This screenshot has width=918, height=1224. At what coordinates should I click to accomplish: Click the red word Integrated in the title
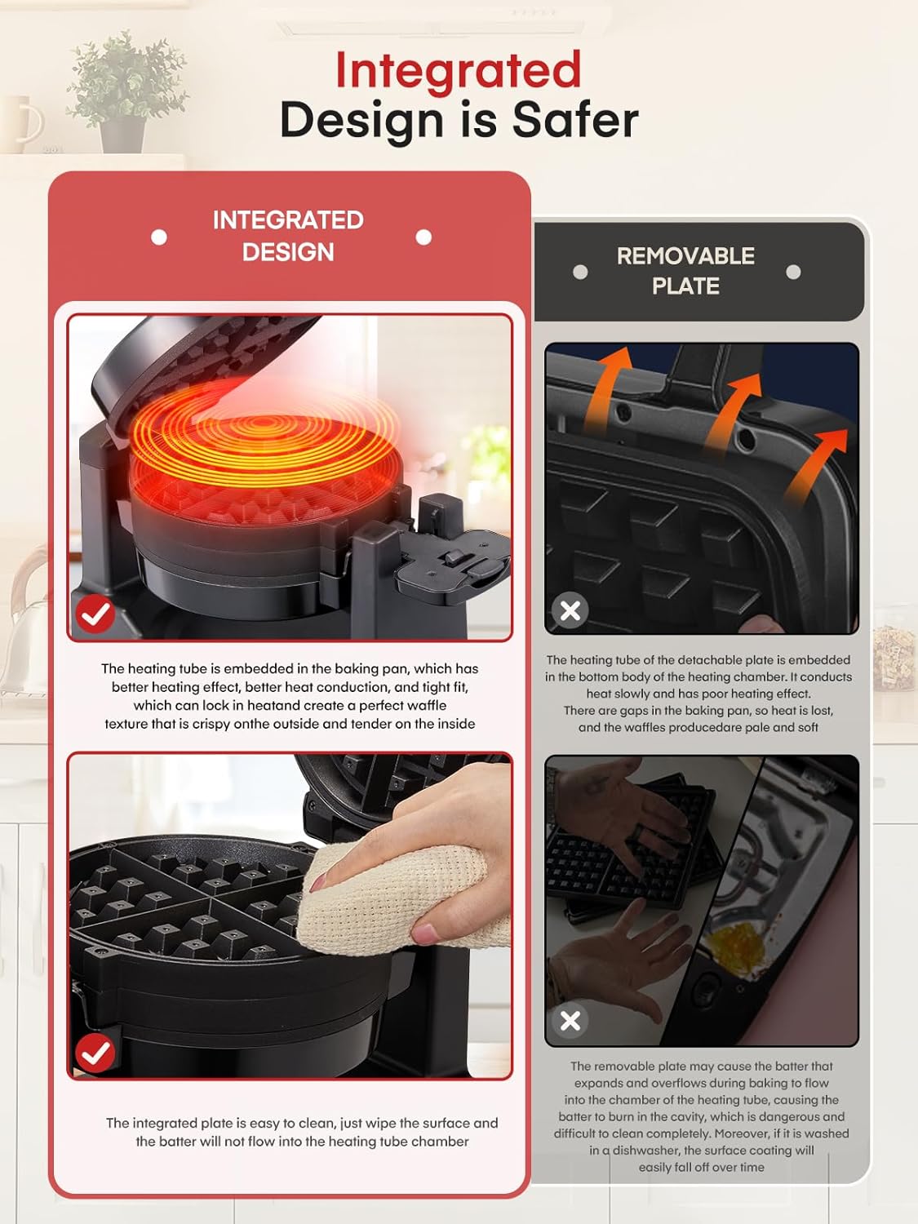click(x=458, y=70)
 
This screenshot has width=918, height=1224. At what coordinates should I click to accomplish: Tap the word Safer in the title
click(x=574, y=121)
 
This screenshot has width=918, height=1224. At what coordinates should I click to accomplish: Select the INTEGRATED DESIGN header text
click(x=288, y=236)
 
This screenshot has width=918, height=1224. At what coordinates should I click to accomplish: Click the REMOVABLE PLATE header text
click(x=685, y=271)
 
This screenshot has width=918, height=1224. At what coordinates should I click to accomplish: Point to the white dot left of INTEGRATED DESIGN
click(x=159, y=237)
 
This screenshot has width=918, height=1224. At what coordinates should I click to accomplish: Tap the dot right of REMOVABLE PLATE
click(x=793, y=272)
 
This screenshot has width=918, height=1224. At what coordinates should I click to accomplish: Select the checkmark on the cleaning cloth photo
click(x=95, y=1053)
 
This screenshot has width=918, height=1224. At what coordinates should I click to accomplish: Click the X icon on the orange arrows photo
click(x=570, y=610)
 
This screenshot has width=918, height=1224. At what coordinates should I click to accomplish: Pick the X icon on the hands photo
click(x=570, y=1020)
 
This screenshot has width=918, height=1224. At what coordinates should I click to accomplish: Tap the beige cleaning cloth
click(x=384, y=898)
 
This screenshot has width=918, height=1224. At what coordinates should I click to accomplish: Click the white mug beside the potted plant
click(x=20, y=122)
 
